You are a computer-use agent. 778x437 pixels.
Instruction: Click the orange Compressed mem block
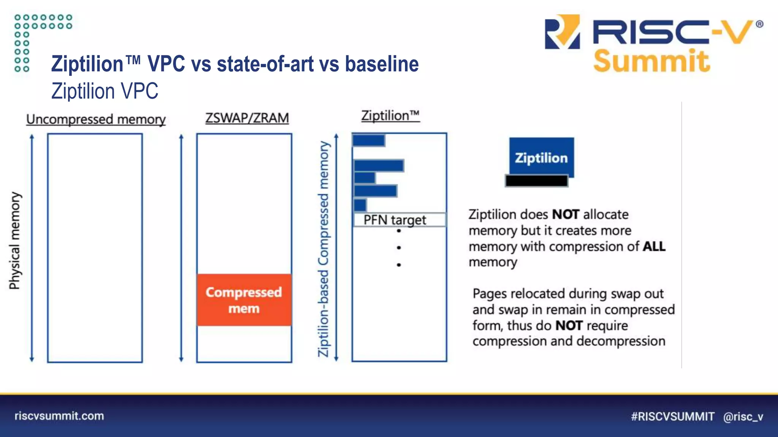coord(244,300)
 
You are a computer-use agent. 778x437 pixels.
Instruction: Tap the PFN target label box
coord(399,220)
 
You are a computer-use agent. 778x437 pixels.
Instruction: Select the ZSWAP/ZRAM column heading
coord(247,118)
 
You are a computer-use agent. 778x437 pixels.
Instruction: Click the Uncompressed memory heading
coord(96,119)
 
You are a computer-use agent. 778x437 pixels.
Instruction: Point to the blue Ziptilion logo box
coord(541,157)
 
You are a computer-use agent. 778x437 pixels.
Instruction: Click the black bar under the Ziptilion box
coord(536,181)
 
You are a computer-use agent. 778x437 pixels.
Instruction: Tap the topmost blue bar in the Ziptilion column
coord(368,140)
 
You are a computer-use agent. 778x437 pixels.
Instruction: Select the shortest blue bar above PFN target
coord(360,205)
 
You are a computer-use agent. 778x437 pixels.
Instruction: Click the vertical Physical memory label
coord(15,241)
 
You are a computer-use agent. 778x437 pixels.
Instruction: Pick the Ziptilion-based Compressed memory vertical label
coord(323,249)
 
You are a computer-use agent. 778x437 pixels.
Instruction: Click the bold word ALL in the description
coord(654,247)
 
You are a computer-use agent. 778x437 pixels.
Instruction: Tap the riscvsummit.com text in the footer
coord(59,416)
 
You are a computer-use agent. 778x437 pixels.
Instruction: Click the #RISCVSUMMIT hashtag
coord(672,417)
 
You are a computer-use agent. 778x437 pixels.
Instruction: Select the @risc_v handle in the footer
coord(743,417)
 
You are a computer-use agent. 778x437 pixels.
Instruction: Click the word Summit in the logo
coord(651,61)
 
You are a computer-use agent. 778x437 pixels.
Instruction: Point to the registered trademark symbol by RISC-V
coord(759,24)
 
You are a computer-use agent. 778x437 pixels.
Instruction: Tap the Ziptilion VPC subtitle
coord(105,91)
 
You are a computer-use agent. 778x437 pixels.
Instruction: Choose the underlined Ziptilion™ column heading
coord(390,115)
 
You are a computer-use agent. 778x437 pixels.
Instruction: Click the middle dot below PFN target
coord(398,248)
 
